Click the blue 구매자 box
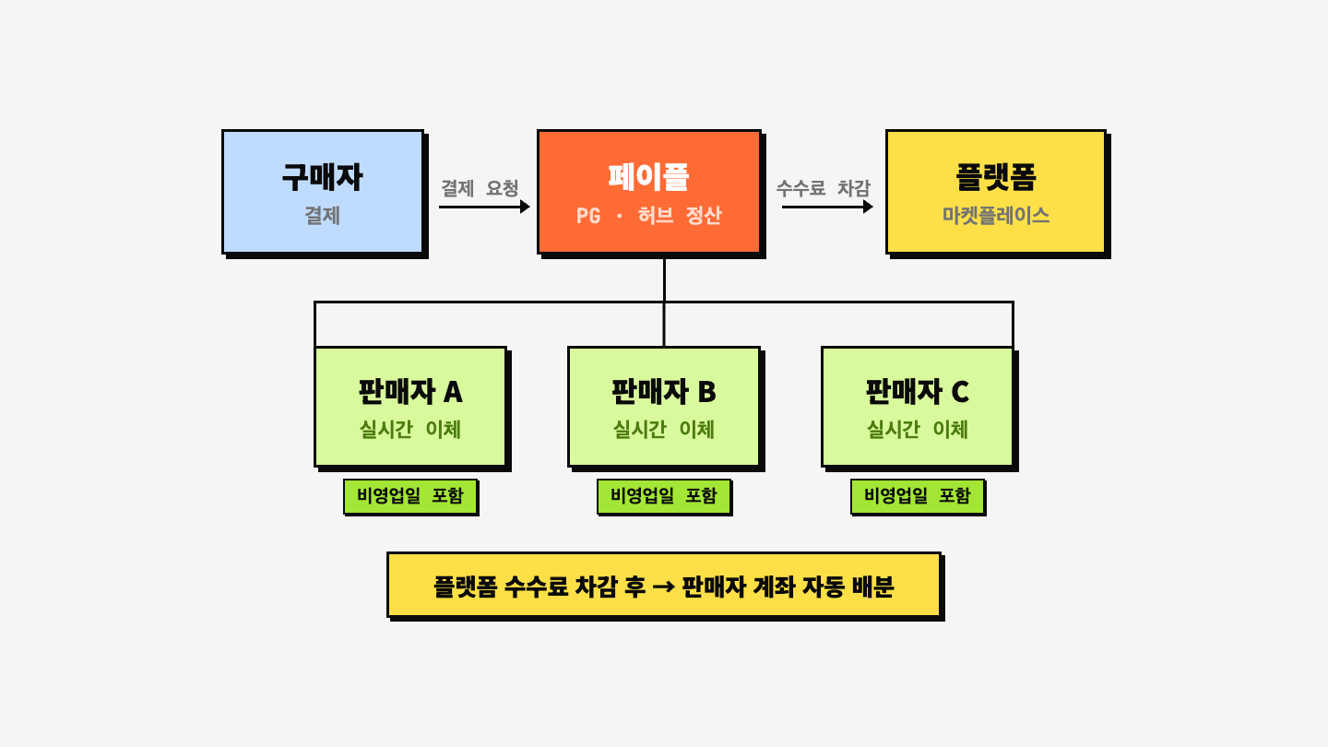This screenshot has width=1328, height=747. pos(323,191)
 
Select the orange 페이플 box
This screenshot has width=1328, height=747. pos(649,191)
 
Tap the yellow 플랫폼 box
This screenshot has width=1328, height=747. pos(996,191)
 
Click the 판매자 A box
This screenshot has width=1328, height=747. pos(410,406)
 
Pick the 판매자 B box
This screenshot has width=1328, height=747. pos(664,406)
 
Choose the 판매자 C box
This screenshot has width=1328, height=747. pos(918,406)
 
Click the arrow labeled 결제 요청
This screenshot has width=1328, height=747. pos(484,207)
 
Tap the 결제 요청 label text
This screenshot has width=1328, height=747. pos(480,188)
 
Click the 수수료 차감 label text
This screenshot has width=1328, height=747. pos(823,188)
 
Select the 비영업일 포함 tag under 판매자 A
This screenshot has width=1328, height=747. pos(410,496)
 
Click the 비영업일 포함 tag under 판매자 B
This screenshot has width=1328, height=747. pos(664,496)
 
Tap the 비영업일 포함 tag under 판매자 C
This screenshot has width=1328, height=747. pos(918,496)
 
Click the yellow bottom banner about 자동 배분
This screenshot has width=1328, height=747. pos(664,585)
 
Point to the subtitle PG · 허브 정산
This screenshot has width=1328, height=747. pos(649,216)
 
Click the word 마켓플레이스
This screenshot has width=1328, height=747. pos(996,216)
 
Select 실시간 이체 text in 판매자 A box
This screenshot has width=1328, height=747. pos(410,430)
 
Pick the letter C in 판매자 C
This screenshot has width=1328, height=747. pos(959,393)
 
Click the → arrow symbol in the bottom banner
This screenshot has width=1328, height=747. pos(664,587)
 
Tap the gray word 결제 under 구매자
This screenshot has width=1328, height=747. pos(323,216)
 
